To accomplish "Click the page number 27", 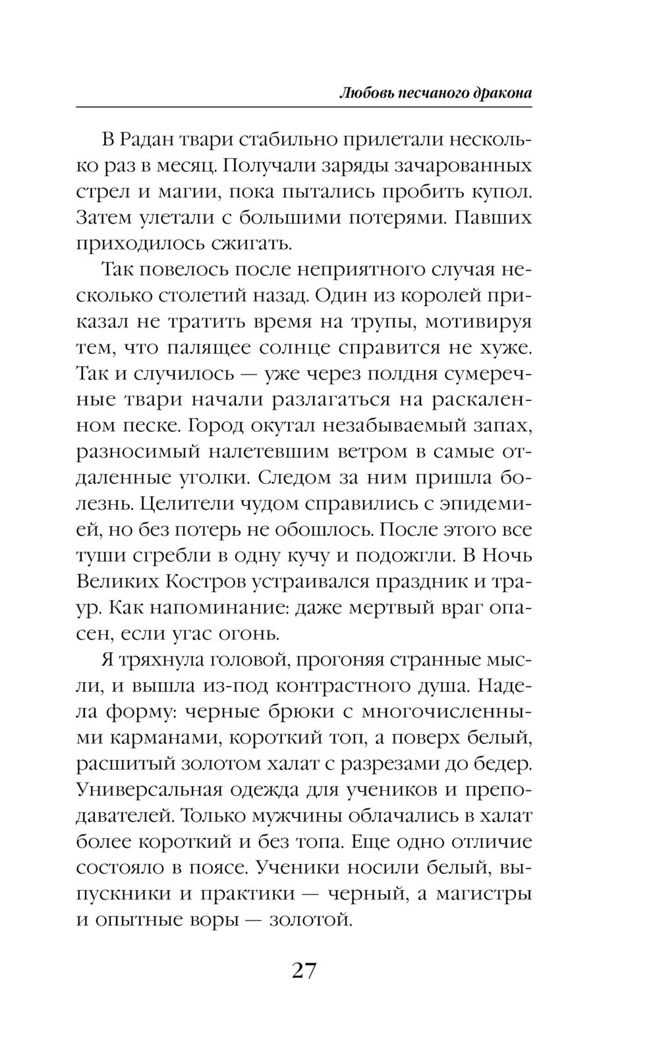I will click(304, 971).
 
